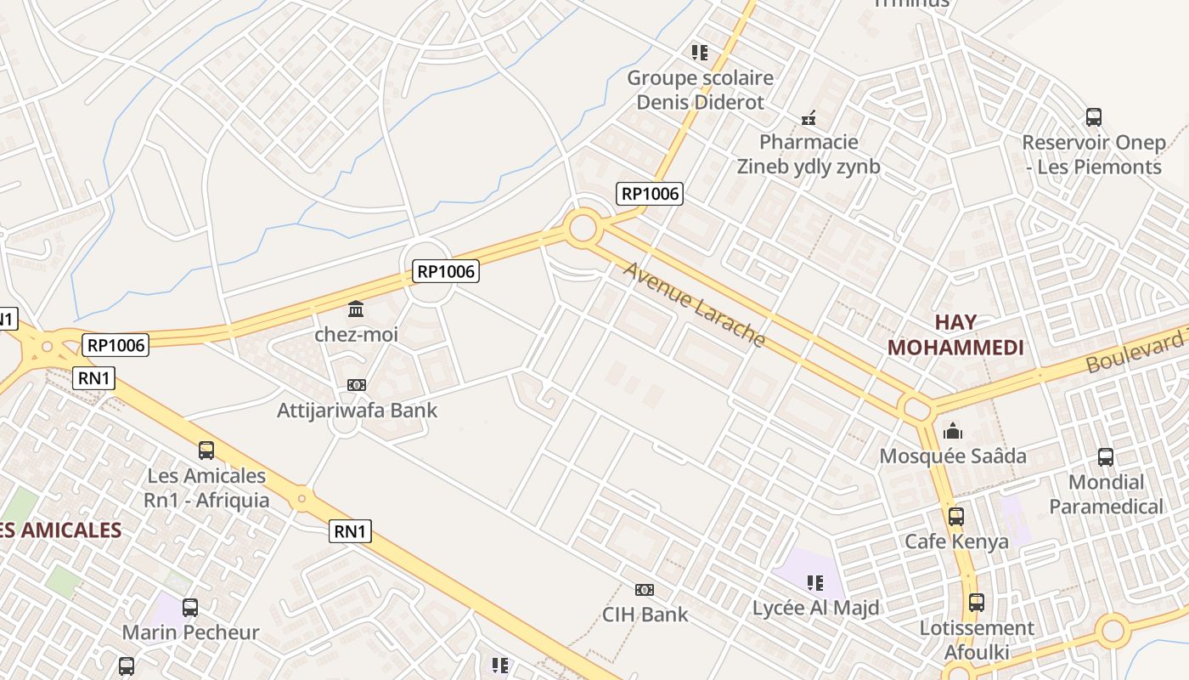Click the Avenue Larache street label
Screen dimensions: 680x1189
coord(695,304)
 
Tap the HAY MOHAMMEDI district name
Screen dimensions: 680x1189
coord(955,335)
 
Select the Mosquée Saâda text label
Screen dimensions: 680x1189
coord(953,456)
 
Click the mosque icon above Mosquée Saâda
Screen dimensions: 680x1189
coord(953,431)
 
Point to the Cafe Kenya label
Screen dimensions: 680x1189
coord(956,541)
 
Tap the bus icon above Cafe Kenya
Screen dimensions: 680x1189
coord(956,516)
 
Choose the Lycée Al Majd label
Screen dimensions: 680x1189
coord(815,608)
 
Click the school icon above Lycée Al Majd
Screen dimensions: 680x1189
coord(815,583)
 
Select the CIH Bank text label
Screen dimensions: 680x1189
coord(645,614)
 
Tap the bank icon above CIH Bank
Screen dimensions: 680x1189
coord(645,589)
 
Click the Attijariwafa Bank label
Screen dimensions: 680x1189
coord(358,410)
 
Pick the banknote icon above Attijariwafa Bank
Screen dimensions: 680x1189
coord(357,385)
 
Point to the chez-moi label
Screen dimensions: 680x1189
coord(357,334)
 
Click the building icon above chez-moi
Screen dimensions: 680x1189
coord(357,309)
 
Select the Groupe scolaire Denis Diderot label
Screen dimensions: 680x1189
coord(701,90)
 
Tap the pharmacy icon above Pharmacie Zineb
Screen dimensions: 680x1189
coord(809,117)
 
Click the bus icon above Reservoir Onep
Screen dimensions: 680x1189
coord(1094,117)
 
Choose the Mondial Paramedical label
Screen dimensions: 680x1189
coord(1106,495)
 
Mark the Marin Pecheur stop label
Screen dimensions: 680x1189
coord(190,632)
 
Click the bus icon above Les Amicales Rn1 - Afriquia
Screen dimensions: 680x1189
coord(206,450)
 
